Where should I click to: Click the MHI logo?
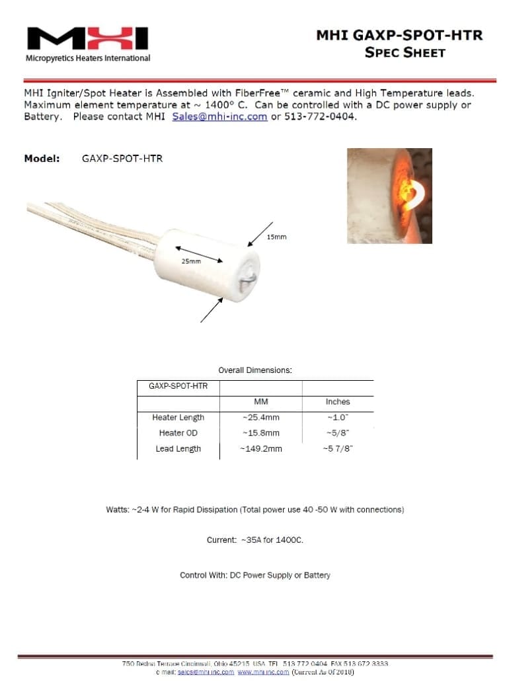87,40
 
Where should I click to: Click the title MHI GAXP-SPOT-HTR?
399,35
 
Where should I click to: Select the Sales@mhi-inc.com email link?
219,116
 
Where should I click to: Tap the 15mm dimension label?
276,237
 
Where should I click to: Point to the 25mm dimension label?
191,261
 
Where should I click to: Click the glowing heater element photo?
389,196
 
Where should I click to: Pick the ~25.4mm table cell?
260,418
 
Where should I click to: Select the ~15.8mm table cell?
260,433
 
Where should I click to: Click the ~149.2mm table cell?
260,449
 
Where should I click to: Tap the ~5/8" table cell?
337,433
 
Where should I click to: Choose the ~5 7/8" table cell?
337,449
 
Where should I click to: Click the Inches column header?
337,402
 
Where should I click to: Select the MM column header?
260,402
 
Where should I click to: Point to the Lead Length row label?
178,449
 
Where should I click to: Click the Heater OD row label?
178,433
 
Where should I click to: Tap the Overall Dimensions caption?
255,370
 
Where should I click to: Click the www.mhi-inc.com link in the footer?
263,672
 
